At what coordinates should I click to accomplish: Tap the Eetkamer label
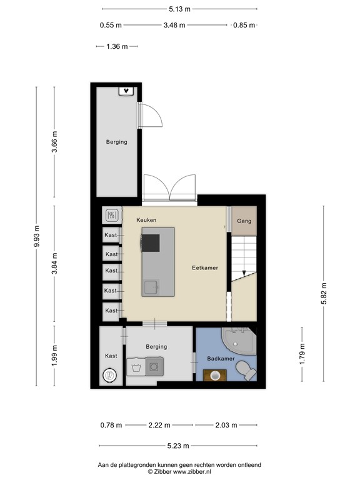click(x=205, y=267)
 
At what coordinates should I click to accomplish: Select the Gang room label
click(x=244, y=221)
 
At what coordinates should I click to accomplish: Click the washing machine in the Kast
click(x=110, y=376)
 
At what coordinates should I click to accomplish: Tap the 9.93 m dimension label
click(x=36, y=237)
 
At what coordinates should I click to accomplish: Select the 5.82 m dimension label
click(x=323, y=293)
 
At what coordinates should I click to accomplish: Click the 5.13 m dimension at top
click(x=179, y=9)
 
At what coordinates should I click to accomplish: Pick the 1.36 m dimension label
click(x=116, y=46)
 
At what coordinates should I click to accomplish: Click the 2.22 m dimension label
click(x=160, y=426)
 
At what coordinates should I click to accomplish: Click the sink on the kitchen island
click(x=151, y=287)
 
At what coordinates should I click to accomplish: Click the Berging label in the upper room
click(x=116, y=142)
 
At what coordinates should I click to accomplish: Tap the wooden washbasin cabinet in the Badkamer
click(x=216, y=375)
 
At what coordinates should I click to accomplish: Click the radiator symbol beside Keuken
click(x=111, y=216)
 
